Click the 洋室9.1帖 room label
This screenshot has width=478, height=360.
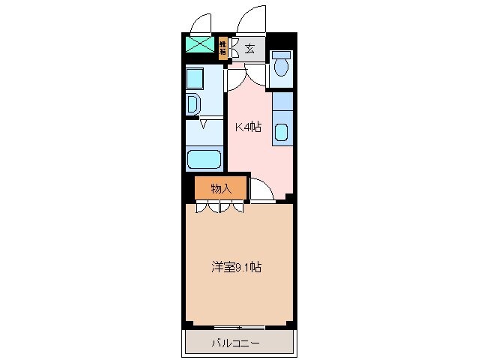(236, 266)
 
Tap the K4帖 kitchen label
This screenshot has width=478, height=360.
(248, 127)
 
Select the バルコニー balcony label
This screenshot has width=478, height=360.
(235, 343)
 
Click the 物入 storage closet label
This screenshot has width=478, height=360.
(220, 188)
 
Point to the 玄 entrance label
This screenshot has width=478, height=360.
(249, 49)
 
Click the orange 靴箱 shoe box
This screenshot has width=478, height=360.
(223, 49)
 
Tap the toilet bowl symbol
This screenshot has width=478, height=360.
(281, 68)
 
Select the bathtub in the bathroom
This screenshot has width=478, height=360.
(204, 160)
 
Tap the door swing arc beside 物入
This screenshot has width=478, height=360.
(261, 190)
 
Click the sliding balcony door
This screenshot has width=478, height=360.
(239, 327)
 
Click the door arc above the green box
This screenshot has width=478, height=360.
(201, 22)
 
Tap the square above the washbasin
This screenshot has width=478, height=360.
(195, 79)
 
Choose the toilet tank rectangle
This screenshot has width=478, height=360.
(282, 55)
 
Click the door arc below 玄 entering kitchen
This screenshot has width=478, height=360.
(253, 73)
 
